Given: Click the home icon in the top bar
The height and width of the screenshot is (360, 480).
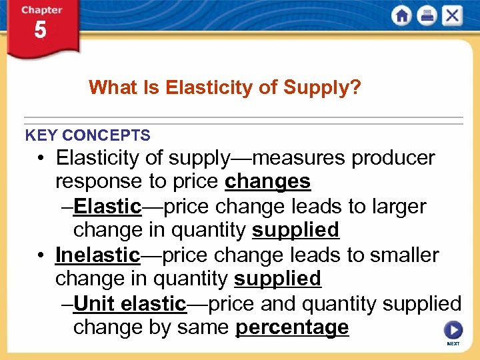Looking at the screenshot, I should (x=401, y=15).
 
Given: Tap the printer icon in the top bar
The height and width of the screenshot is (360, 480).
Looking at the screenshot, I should (x=427, y=15).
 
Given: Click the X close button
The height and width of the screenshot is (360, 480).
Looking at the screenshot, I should (x=452, y=15).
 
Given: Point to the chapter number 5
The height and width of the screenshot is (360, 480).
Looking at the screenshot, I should (x=40, y=30).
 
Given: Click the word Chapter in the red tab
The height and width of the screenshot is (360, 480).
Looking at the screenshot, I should (x=40, y=11).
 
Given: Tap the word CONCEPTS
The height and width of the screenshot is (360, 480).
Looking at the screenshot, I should (x=106, y=135).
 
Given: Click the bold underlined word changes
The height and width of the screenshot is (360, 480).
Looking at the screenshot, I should (x=268, y=181).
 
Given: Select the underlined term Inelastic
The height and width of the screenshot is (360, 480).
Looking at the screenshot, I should (x=98, y=255).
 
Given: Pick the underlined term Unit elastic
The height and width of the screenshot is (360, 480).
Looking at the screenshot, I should (x=129, y=304).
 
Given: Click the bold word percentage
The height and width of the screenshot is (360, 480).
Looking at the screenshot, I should (x=292, y=327).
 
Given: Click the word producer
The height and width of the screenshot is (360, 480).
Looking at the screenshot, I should (x=393, y=158).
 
